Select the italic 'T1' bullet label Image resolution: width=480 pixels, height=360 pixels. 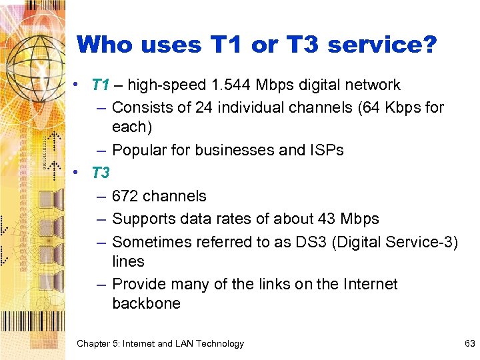click(x=100, y=85)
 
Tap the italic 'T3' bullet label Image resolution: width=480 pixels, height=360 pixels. click(x=100, y=173)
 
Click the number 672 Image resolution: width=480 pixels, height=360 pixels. click(x=125, y=196)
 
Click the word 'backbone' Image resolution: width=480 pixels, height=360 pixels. click(x=146, y=303)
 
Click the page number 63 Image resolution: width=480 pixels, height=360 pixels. click(x=469, y=343)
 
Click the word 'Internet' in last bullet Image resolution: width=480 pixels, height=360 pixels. click(x=370, y=284)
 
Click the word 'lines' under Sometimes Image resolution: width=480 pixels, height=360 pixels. click(x=128, y=261)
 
